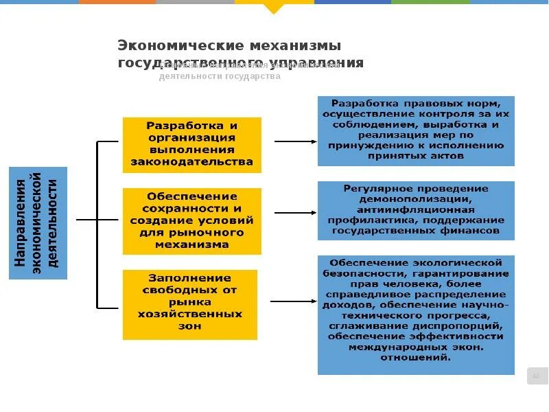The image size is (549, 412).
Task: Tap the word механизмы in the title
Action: (x=296, y=46)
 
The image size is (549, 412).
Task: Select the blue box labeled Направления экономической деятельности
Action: (x=38, y=222)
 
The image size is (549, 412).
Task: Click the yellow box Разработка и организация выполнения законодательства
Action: (x=191, y=144)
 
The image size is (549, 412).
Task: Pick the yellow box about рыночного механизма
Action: (x=191, y=220)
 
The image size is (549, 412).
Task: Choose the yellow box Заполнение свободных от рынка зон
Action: (x=190, y=304)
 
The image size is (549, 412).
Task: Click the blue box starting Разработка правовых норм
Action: (x=415, y=130)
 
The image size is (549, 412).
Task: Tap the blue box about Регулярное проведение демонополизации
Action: (x=415, y=210)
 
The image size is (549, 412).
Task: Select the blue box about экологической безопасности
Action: (x=415, y=314)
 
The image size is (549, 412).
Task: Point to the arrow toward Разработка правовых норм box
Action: (x=295, y=141)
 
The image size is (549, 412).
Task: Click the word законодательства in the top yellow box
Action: (x=191, y=163)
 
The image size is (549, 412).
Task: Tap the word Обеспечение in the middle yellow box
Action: (x=191, y=196)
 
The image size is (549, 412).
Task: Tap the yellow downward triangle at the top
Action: (x=273, y=8)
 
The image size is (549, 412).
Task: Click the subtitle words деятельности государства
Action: (x=220, y=77)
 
